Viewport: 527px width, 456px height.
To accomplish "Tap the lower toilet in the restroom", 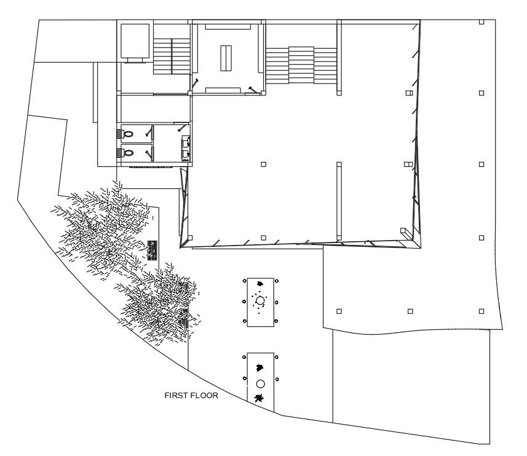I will click(x=128, y=152).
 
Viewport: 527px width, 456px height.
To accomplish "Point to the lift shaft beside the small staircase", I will click(x=135, y=41).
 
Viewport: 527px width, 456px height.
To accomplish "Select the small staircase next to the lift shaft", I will click(x=172, y=55).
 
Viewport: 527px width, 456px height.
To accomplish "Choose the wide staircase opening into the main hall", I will click(x=301, y=66).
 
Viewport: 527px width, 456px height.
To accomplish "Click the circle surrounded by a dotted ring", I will click(x=260, y=300).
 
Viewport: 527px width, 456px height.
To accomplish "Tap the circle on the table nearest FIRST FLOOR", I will click(x=260, y=383).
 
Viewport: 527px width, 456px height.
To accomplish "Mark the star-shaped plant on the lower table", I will click(x=259, y=398).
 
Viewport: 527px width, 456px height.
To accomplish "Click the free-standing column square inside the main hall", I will click(x=264, y=164).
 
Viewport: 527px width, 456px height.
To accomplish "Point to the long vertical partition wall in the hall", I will click(x=338, y=200).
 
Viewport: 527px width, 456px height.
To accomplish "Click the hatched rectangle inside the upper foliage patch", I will click(x=153, y=250).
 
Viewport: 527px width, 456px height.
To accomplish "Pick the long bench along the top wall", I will click(x=228, y=27).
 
